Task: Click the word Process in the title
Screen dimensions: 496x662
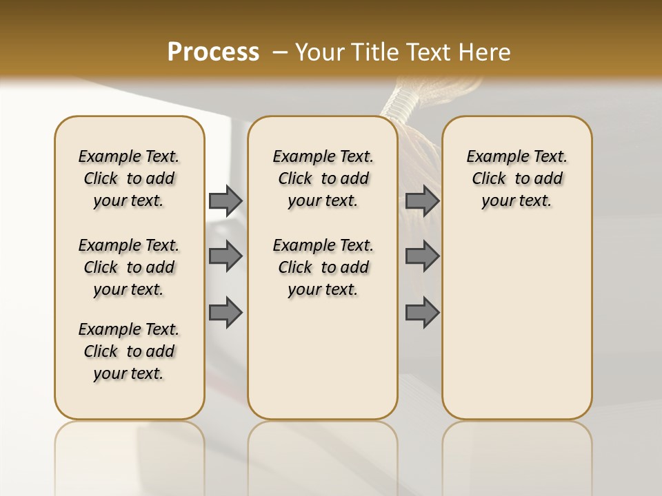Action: pyautogui.click(x=213, y=52)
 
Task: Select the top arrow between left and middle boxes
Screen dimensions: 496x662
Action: pyautogui.click(x=225, y=200)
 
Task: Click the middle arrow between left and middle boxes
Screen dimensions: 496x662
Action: pyautogui.click(x=225, y=256)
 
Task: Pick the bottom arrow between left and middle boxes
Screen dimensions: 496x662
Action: pyautogui.click(x=225, y=313)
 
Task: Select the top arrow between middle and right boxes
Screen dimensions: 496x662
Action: pyautogui.click(x=422, y=200)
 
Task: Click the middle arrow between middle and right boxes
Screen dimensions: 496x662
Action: pyautogui.click(x=422, y=256)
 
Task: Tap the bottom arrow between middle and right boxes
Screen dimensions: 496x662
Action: pyautogui.click(x=422, y=313)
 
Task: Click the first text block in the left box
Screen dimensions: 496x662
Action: pyautogui.click(x=129, y=178)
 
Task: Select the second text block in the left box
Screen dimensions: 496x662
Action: pyautogui.click(x=129, y=267)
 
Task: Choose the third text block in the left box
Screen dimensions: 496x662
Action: pyautogui.click(x=129, y=351)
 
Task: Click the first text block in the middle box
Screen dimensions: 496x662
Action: pyautogui.click(x=323, y=178)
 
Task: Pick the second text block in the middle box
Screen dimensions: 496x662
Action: pyautogui.click(x=323, y=267)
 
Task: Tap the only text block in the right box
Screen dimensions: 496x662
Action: pyautogui.click(x=516, y=178)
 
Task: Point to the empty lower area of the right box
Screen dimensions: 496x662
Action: pyautogui.click(x=516, y=324)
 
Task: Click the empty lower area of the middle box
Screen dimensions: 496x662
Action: pyautogui.click(x=323, y=358)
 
